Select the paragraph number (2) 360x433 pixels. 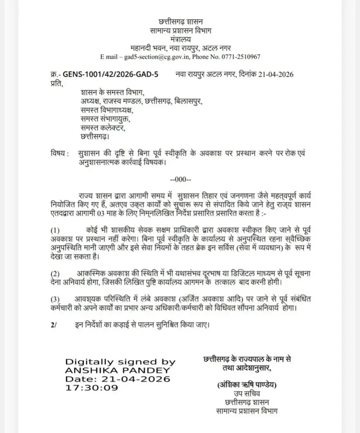point(55,274)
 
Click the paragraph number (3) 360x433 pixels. point(55,299)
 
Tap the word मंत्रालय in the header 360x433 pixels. point(180,39)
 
